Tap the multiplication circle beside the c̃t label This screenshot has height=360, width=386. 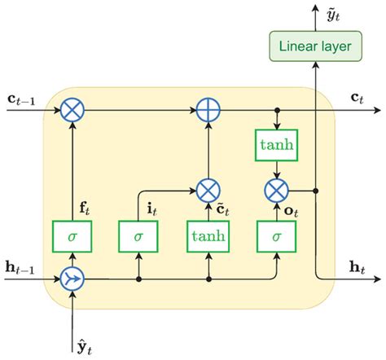(208, 191)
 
